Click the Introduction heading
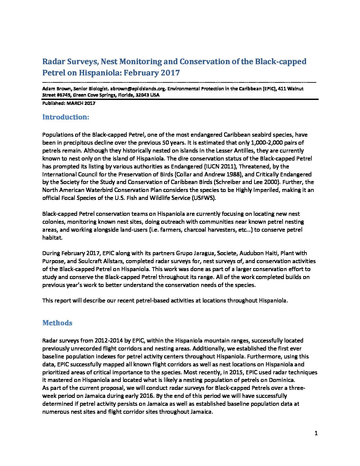66,117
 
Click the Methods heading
57,323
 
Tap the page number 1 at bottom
316,433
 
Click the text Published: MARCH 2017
69,103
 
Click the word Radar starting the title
54,62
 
